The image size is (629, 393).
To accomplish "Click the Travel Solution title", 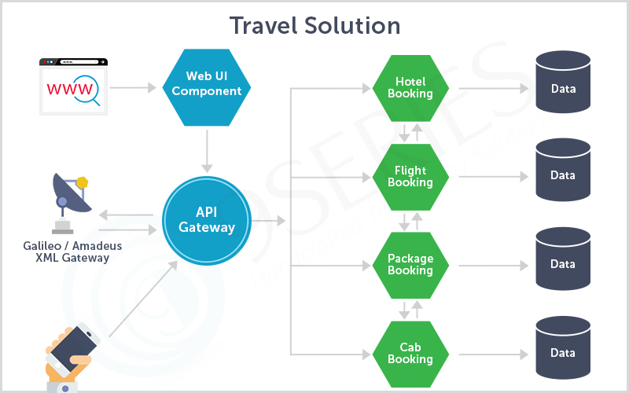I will (314, 26).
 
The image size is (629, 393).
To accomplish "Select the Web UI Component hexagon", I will (207, 83).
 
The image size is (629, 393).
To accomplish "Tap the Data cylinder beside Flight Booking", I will (563, 175).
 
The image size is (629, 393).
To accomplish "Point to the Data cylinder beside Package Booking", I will (563, 264).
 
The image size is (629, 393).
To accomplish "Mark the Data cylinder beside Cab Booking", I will (563, 353).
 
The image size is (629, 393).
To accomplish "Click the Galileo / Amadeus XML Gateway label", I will (72, 252).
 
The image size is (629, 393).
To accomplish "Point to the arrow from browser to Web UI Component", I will (137, 87).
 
